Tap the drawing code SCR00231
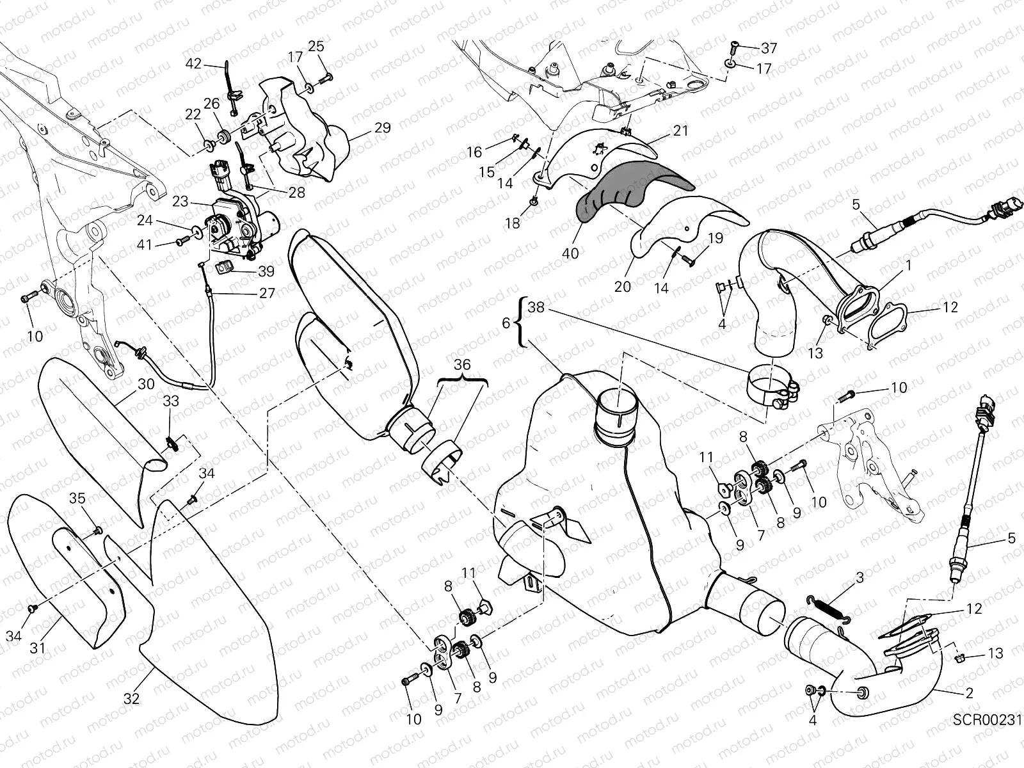[x=986, y=721]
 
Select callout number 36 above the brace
[x=462, y=365]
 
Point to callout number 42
[x=193, y=63]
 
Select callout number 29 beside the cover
[x=382, y=128]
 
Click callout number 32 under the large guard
[x=131, y=699]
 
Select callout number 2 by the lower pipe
[x=969, y=692]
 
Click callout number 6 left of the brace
[x=506, y=324]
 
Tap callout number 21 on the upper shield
[x=681, y=131]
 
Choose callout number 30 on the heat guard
[x=146, y=384]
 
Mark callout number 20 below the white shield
[x=623, y=287]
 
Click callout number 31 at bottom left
[x=38, y=647]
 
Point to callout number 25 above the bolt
[x=316, y=46]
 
